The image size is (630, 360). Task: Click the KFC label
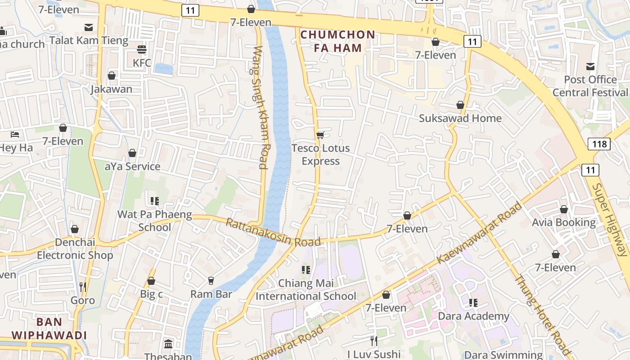pyautogui.click(x=142, y=63)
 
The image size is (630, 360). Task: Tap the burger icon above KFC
pyautogui.click(x=142, y=49)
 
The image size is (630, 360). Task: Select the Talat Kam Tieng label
pyautogui.click(x=89, y=40)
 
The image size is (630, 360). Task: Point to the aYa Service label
pyautogui.click(x=132, y=166)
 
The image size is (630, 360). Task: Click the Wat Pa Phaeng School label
pyautogui.click(x=154, y=220)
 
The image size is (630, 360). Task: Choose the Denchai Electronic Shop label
pyautogui.click(x=75, y=249)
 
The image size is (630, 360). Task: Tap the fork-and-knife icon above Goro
pyautogui.click(x=82, y=287)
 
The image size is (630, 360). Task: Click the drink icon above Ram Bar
pyautogui.click(x=211, y=281)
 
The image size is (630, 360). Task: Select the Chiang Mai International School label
pyautogui.click(x=306, y=290)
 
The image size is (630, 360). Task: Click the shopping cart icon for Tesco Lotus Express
pyautogui.click(x=320, y=135)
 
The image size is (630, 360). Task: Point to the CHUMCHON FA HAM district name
pyautogui.click(x=337, y=41)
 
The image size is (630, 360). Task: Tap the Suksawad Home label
pyautogui.click(x=460, y=118)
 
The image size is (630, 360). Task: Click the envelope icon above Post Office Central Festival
pyautogui.click(x=590, y=67)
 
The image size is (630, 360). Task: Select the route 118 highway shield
pyautogui.click(x=598, y=144)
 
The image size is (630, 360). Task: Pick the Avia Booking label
pyautogui.click(x=563, y=222)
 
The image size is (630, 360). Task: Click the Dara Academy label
pyautogui.click(x=473, y=316)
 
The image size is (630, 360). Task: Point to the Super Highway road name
pyautogui.click(x=610, y=219)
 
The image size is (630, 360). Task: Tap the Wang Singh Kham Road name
pyautogui.click(x=261, y=107)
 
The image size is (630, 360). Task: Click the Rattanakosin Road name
pyautogui.click(x=273, y=232)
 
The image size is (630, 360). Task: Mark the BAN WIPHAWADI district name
pyautogui.click(x=49, y=328)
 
